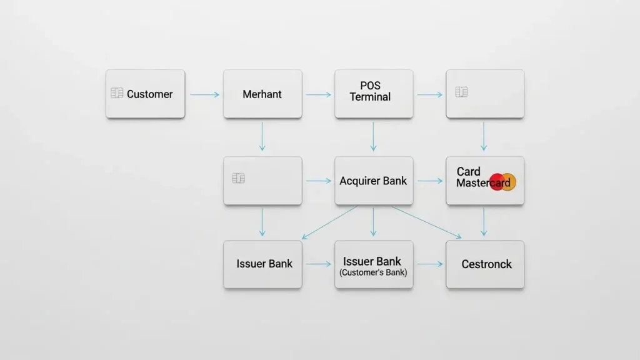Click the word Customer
[149, 94]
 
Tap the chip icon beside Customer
[117, 93]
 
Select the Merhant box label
[262, 94]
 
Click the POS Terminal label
[370, 91]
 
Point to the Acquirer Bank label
[373, 181]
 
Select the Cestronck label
[486, 264]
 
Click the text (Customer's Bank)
[373, 273]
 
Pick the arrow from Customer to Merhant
[204, 94]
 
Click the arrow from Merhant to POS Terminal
[318, 94]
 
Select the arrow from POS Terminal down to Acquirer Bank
[373, 136]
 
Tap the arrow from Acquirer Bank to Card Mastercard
[429, 181]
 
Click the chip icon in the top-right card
[462, 92]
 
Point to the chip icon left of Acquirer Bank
[238, 178]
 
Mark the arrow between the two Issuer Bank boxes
[318, 264]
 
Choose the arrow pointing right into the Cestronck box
[429, 264]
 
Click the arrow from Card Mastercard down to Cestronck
[484, 221]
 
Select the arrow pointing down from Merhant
[262, 136]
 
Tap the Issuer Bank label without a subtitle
[264, 264]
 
